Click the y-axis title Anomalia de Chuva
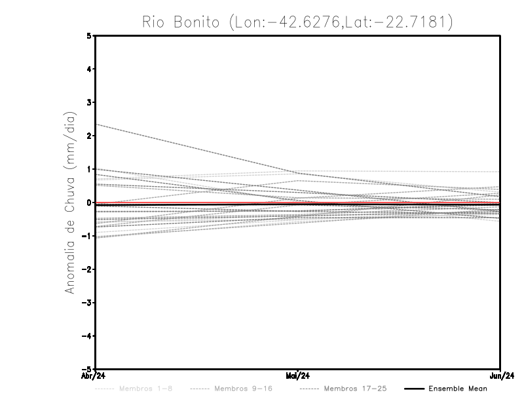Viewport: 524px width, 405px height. point(70,202)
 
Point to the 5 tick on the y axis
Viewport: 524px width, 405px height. point(90,36)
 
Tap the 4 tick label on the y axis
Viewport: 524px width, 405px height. point(90,69)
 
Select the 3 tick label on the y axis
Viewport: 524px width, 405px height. point(90,103)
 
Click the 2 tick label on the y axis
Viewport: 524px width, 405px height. point(90,136)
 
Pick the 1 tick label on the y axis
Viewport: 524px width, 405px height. point(90,169)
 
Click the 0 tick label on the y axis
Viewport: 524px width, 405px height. point(90,202)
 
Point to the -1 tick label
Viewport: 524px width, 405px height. point(88,236)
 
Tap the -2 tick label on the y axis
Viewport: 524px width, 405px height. point(88,269)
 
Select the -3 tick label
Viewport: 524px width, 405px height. point(88,303)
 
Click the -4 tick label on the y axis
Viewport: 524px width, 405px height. point(88,336)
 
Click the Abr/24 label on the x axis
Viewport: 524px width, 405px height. point(94,376)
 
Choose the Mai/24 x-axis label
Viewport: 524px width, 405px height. point(298,376)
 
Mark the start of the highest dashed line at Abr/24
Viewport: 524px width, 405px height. point(96,124)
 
